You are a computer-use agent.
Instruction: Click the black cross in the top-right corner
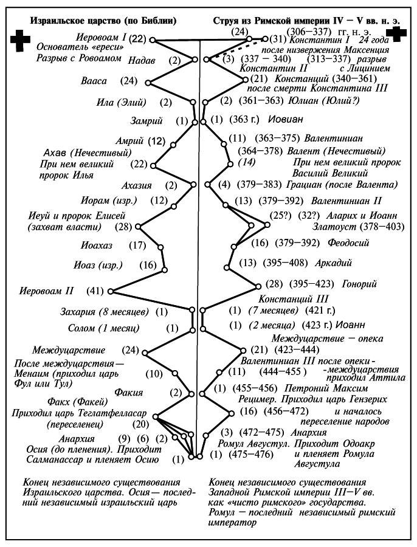click(399, 35)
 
